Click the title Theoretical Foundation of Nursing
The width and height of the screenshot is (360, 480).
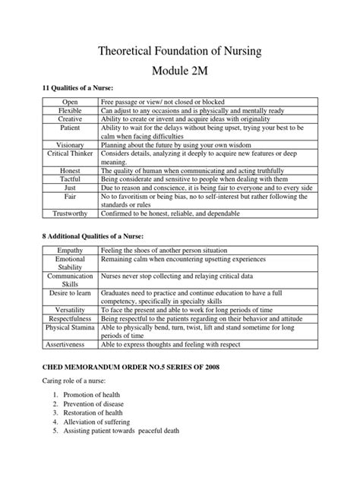(x=180, y=52)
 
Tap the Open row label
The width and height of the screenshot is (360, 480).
(x=70, y=102)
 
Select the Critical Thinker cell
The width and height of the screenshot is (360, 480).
(x=70, y=153)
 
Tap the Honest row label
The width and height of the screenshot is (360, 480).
(x=70, y=170)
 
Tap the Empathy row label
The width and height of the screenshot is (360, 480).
(x=70, y=250)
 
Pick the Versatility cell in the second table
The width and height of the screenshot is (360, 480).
(x=70, y=311)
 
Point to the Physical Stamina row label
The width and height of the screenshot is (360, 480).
(x=70, y=328)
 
